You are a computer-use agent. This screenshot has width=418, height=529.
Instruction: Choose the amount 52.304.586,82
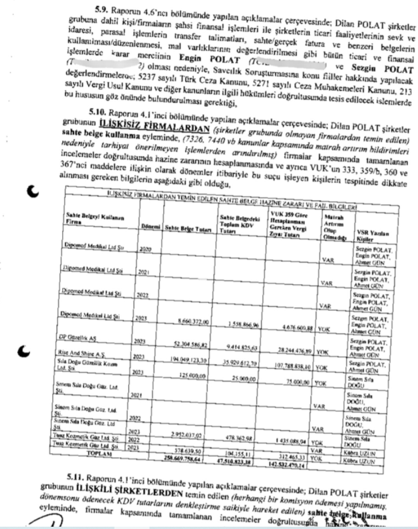tap(190, 342)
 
